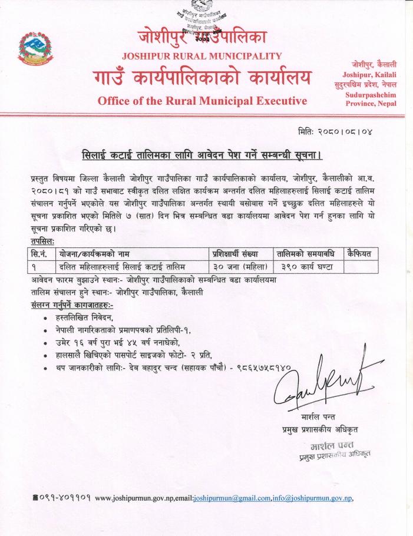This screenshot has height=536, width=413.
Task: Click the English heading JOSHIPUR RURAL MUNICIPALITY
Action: coord(202,57)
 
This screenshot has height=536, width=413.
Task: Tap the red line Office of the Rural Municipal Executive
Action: coord(202,101)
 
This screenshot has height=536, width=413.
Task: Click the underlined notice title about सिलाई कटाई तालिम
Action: coord(204,155)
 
